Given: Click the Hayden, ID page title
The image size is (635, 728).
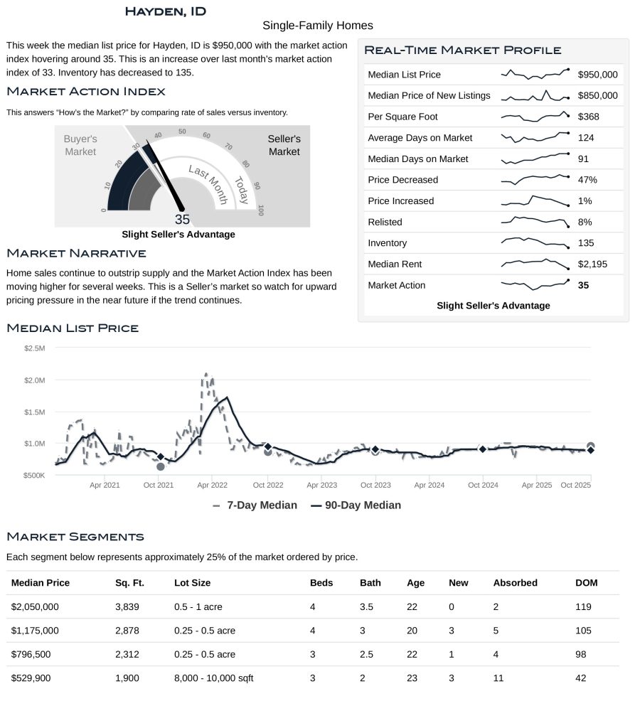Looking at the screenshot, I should click(165, 11).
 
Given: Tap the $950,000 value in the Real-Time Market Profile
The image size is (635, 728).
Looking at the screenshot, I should click(597, 75).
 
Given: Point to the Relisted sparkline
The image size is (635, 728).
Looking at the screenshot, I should click(535, 222).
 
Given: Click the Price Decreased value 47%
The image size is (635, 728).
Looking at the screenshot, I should click(587, 180).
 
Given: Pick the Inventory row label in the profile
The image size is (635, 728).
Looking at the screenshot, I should click(387, 243).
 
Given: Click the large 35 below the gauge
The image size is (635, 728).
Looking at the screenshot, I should click(182, 220).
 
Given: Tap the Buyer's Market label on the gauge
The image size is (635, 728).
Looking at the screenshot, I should click(80, 145).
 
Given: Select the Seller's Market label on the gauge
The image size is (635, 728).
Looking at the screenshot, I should click(284, 145).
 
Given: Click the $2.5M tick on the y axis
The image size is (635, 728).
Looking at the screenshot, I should click(34, 348).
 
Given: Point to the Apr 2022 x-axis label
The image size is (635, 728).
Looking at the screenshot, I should click(212, 485).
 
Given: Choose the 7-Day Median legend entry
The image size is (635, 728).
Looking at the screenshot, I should click(255, 505).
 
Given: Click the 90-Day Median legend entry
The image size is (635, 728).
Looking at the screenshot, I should click(356, 505).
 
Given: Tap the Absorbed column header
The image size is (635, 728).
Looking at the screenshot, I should click(515, 583).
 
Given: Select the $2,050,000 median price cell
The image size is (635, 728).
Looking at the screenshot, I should click(35, 607).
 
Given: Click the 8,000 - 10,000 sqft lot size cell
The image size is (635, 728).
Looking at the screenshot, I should click(213, 678).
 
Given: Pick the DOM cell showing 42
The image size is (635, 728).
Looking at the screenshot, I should click(580, 678).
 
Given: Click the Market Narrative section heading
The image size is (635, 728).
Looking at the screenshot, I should click(76, 253).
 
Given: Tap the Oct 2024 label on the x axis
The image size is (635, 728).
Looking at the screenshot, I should click(483, 485).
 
